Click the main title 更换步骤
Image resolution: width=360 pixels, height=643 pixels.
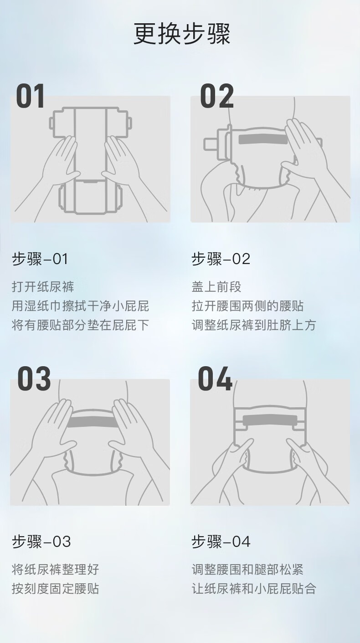click(182, 34)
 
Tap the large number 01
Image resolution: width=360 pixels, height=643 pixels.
click(31, 96)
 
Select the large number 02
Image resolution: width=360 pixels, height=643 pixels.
click(217, 96)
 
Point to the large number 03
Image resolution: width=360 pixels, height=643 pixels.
click(34, 379)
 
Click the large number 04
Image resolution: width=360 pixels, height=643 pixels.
click(215, 379)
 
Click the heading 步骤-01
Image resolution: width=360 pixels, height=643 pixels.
click(40, 259)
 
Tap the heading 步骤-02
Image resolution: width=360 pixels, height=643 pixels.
click(221, 259)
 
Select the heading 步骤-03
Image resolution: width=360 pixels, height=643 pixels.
click(41, 541)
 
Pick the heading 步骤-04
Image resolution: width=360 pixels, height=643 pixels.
click(221, 541)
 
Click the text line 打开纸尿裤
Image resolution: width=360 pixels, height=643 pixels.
click(43, 287)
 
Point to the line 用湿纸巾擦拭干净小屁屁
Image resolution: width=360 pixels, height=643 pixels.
click(80, 306)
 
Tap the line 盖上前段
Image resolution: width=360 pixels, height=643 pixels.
click(216, 287)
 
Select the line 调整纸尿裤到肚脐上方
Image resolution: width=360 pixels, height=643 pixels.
click(254, 325)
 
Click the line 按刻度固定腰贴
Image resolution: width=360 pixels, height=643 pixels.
click(55, 588)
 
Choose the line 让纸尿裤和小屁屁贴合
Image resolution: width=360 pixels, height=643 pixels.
click(254, 588)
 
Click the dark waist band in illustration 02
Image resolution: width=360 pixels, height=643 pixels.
click(263, 139)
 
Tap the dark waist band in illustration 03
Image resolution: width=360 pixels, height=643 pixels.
click(93, 422)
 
